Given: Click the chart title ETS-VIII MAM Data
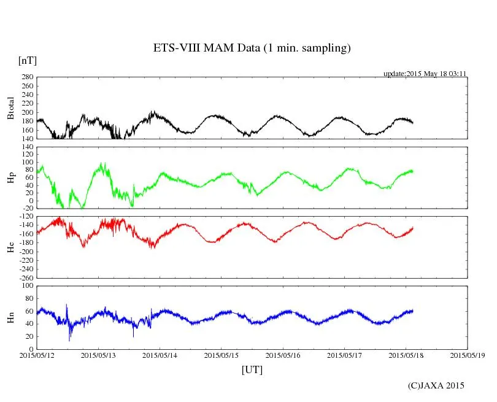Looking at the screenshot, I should (252, 48).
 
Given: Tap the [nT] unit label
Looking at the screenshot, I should (27, 61).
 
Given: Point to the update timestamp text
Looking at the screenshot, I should (425, 74).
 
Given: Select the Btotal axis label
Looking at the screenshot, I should (10, 108).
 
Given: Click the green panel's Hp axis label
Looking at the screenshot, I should (10, 177).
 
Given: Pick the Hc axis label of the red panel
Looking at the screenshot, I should (10, 247).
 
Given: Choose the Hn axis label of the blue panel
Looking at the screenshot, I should (10, 317).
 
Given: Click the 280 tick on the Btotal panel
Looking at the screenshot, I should (26, 77).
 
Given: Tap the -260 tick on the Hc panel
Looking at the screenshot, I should (25, 277).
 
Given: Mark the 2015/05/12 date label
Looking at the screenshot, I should (37, 354).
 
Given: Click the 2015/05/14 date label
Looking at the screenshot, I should (160, 354).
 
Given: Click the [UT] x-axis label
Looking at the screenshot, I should (252, 369).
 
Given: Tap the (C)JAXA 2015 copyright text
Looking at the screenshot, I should (436, 385).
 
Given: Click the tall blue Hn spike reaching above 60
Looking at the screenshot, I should (67, 305).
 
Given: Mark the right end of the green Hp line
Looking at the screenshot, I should (413, 171).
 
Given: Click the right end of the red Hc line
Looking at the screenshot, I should (413, 228).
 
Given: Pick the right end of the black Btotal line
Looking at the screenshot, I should (413, 123).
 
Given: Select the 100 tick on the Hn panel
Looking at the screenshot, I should (26, 285).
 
